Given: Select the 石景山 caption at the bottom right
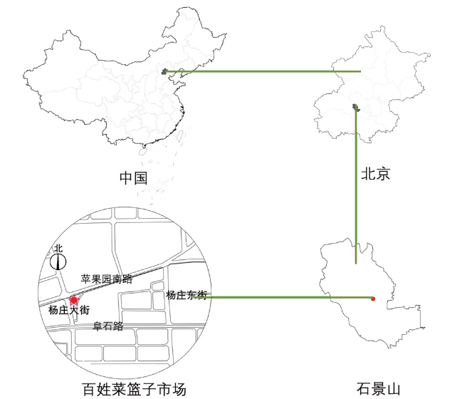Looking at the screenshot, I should (379, 389).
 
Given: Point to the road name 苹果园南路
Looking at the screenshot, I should (107, 279).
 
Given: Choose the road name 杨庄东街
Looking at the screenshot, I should (186, 294).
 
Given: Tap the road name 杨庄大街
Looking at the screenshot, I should (69, 311).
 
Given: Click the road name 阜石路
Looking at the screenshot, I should (108, 326).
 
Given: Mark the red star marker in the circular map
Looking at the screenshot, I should (74, 301).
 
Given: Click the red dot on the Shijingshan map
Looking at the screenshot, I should (373, 299).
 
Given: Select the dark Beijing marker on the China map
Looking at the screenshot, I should (165, 71).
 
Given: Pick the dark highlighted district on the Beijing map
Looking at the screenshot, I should (355, 108).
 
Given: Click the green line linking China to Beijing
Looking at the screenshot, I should (263, 71).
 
